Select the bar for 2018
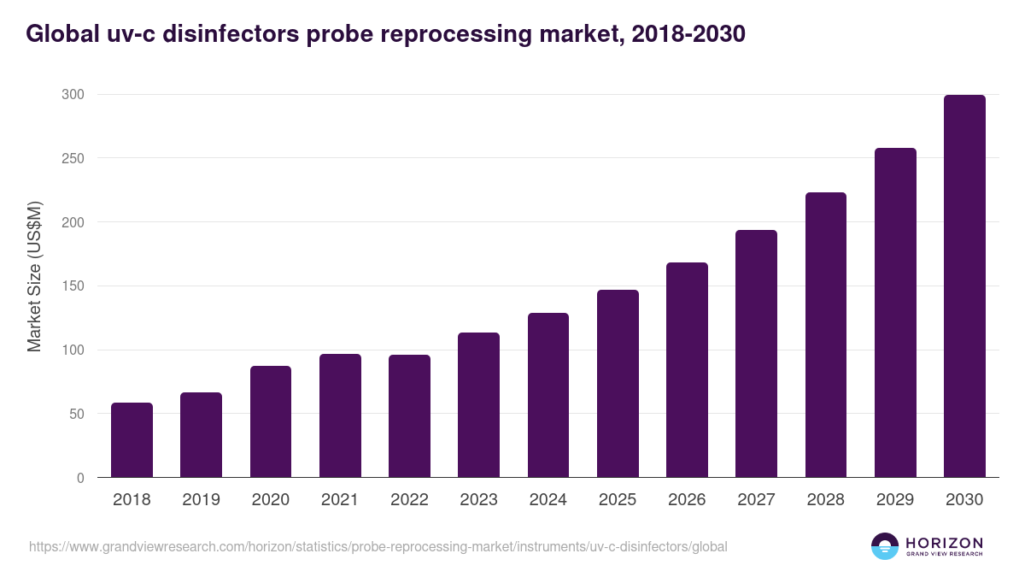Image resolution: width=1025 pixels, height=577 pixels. [132, 440]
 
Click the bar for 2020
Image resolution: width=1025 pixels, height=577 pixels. [271, 421]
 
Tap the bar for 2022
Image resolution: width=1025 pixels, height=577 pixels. [409, 416]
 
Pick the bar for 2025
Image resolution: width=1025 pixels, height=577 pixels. [618, 384]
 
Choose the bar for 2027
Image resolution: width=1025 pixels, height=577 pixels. [756, 354]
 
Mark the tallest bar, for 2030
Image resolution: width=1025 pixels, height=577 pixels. [964, 286]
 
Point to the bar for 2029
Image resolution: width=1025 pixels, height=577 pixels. [895, 313]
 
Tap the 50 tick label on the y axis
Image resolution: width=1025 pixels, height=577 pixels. [76, 414]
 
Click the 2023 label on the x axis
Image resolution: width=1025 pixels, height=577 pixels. [478, 500]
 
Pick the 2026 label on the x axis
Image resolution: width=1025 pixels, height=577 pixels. [687, 500]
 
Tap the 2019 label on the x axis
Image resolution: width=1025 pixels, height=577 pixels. [201, 500]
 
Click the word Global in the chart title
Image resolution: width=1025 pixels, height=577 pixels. [60, 33]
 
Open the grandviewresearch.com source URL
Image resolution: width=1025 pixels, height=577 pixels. [378, 546]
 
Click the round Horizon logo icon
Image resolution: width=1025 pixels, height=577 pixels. [885, 546]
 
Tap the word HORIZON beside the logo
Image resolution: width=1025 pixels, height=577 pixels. [944, 542]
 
